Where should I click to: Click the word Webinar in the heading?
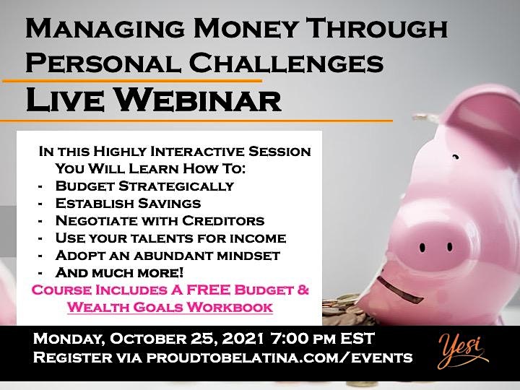pos(199,100)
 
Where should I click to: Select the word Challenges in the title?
pos(286,63)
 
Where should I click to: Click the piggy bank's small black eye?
pos(456,157)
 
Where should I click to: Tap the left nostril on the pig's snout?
pos(422,248)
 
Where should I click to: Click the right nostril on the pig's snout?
pos(450,247)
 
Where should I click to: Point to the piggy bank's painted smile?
pos(399,290)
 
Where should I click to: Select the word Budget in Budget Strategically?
pos(85,186)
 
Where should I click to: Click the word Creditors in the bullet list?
pos(223,221)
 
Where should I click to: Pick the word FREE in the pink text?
pos(208,290)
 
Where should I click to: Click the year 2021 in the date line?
pos(243,339)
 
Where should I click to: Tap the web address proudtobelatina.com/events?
pos(279,357)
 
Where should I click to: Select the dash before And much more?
pos(40,273)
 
